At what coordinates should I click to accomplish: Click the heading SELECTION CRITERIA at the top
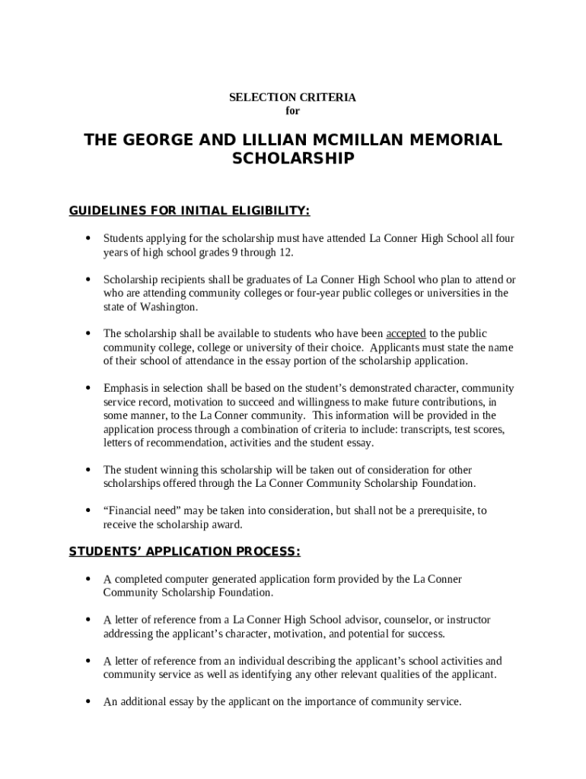coord(292,97)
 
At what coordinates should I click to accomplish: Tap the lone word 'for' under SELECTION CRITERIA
coord(292,111)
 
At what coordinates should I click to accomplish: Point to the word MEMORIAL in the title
coord(457,141)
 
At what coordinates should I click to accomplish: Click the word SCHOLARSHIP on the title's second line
coord(292,159)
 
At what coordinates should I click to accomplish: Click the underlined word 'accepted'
coord(406,334)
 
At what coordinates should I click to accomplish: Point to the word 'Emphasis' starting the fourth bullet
coord(125,388)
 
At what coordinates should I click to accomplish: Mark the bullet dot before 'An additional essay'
coord(89,702)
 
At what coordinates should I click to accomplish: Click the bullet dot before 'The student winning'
coord(89,470)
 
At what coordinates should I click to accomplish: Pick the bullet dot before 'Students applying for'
coord(89,239)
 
